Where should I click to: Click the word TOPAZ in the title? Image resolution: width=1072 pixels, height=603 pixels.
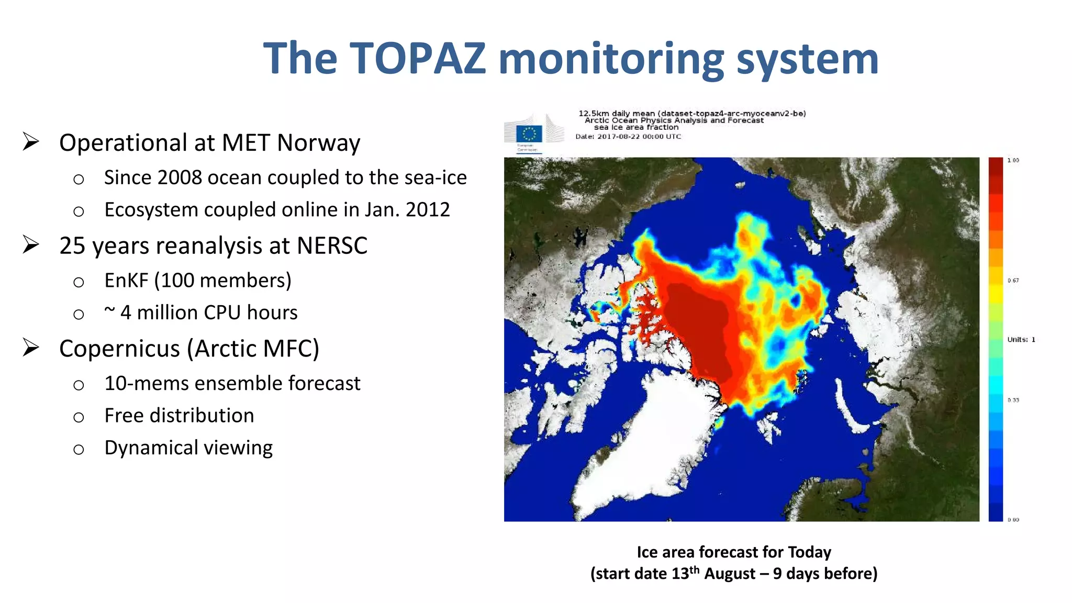pyautogui.click(x=418, y=59)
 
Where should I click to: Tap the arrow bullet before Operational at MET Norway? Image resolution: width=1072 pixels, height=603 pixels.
pyautogui.click(x=31, y=142)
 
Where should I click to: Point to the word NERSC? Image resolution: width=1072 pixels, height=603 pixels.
pyautogui.click(x=332, y=245)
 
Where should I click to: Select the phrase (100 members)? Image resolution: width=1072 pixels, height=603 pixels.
pyautogui.click(x=222, y=281)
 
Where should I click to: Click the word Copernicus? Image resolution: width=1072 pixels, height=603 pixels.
pyautogui.click(x=119, y=349)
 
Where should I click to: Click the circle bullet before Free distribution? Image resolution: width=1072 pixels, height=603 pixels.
pyautogui.click(x=79, y=417)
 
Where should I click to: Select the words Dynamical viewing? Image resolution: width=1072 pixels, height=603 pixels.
pyautogui.click(x=188, y=448)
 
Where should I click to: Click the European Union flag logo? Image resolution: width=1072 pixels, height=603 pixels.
pyautogui.click(x=529, y=134)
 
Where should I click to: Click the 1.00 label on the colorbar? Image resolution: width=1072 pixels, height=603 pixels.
pyautogui.click(x=1013, y=161)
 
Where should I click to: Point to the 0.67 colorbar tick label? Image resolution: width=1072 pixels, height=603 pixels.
pyautogui.click(x=1013, y=281)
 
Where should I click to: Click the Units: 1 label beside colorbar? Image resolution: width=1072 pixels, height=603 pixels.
pyautogui.click(x=1021, y=340)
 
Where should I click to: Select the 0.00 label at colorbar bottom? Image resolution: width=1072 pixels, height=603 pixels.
pyautogui.click(x=1013, y=520)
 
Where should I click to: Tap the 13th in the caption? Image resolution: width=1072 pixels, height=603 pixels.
pyautogui.click(x=685, y=573)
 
